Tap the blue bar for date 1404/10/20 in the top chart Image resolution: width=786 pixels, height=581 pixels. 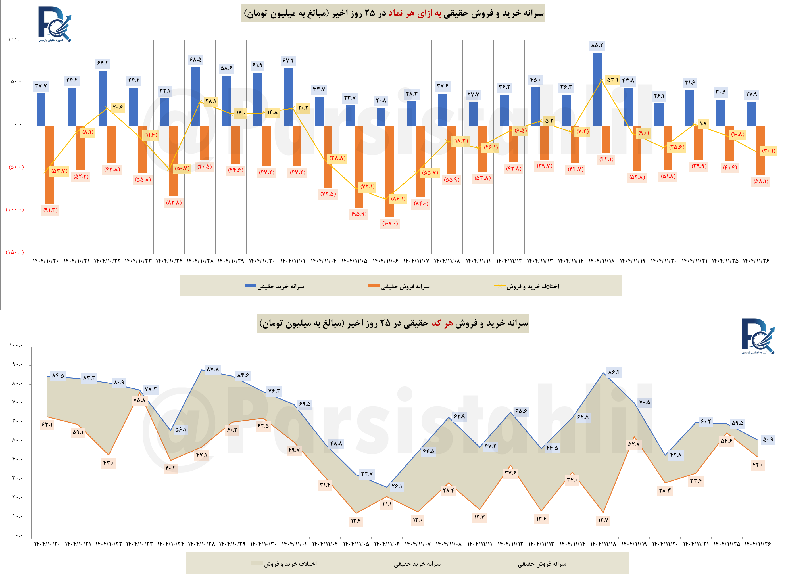point(41,109)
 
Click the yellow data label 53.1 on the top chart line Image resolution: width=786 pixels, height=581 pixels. point(612,80)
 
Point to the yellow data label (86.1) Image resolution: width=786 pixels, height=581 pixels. point(398,199)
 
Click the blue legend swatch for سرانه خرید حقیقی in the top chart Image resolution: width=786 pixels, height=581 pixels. point(250,286)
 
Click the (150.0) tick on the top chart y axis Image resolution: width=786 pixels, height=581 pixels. point(14,252)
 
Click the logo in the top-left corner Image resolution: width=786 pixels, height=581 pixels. point(55,24)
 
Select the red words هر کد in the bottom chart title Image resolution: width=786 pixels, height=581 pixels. point(442,323)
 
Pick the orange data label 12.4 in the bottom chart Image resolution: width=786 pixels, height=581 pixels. point(356,521)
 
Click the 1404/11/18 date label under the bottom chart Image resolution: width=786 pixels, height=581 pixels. point(603,544)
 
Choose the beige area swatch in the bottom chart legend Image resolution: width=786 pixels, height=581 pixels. point(257,564)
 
